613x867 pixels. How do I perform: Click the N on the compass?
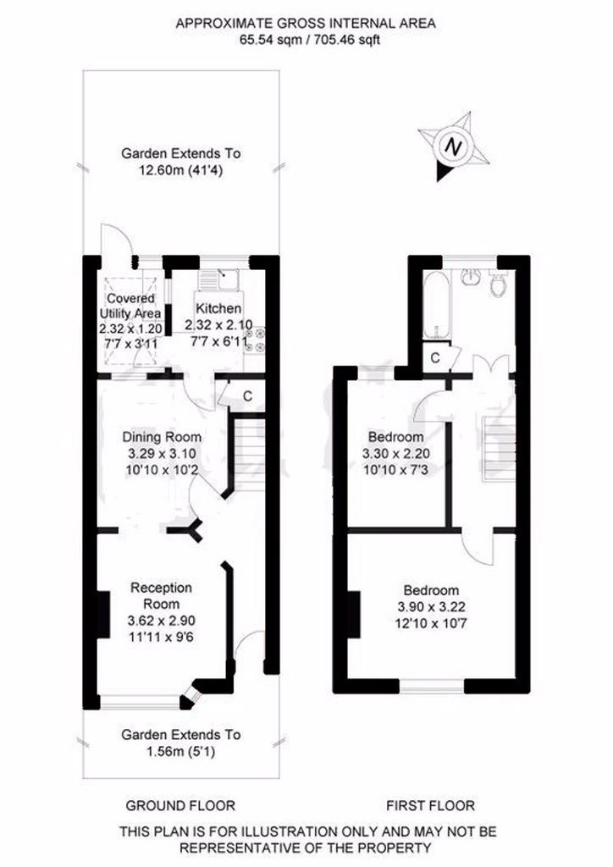[454, 147]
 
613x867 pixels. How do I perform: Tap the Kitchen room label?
[219, 308]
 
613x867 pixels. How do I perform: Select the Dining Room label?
[162, 437]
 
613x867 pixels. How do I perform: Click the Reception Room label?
[162, 595]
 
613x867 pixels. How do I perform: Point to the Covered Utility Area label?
[131, 306]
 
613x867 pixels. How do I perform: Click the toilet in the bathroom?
[498, 283]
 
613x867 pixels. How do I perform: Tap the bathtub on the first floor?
[437, 305]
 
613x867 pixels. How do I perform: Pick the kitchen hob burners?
[254, 340]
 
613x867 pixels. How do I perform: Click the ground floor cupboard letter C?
[247, 396]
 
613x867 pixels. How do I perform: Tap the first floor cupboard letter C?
[435, 358]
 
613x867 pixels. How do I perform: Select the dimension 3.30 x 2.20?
[395, 454]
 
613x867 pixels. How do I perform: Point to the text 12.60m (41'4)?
[180, 170]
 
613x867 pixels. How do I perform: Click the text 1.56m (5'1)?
[180, 752]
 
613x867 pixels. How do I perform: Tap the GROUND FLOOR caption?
[180, 806]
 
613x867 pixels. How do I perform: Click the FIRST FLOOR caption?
[431, 806]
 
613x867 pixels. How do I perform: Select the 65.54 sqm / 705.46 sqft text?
[310, 40]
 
